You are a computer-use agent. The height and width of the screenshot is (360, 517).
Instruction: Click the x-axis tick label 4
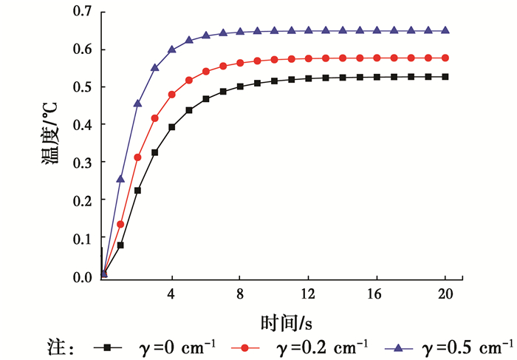[x=172, y=293]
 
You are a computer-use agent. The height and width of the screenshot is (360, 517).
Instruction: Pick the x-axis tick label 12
[x=309, y=293]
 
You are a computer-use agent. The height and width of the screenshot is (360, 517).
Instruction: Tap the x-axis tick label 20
[x=445, y=293]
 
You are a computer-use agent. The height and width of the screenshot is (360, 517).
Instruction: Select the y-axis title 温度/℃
[x=53, y=145]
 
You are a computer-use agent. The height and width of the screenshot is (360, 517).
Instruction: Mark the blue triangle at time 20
[x=445, y=30]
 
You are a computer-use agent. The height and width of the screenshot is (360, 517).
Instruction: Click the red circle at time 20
[x=445, y=58]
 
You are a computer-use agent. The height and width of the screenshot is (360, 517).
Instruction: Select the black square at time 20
[x=445, y=77]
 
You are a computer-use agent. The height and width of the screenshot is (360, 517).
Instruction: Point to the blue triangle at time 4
[x=172, y=50]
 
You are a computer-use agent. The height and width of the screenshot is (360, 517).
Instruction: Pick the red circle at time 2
[x=137, y=157]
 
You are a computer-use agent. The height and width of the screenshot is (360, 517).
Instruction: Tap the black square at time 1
[x=120, y=245]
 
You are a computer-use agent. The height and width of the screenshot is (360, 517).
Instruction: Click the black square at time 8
[x=240, y=86]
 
